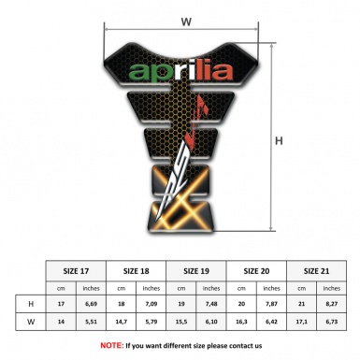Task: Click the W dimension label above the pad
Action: (x=186, y=18)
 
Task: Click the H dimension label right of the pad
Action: (x=279, y=141)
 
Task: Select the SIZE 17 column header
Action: (x=78, y=269)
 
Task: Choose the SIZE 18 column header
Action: (x=137, y=269)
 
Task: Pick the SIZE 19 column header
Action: (x=198, y=269)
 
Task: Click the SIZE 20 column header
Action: (x=258, y=269)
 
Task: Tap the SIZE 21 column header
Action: (x=318, y=269)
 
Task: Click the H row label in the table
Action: (x=33, y=305)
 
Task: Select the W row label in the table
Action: (x=33, y=324)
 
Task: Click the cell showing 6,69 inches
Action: (x=92, y=305)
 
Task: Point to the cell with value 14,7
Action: (x=123, y=324)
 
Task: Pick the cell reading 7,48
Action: (x=213, y=305)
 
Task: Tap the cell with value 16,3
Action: (x=243, y=324)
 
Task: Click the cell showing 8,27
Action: (x=334, y=305)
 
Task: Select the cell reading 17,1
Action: (x=303, y=324)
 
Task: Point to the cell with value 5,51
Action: (x=92, y=324)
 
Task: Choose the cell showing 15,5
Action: (x=183, y=324)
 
